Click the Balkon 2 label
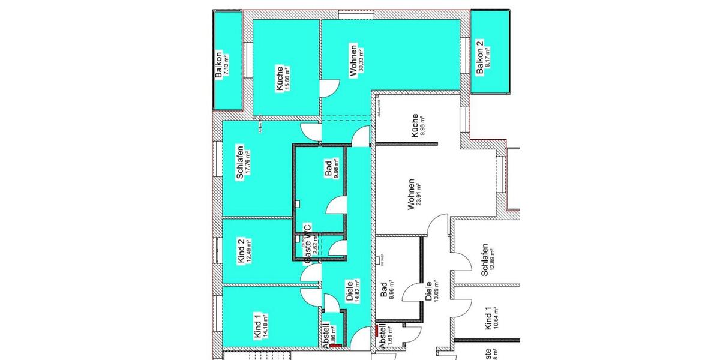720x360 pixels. tap(479, 58)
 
